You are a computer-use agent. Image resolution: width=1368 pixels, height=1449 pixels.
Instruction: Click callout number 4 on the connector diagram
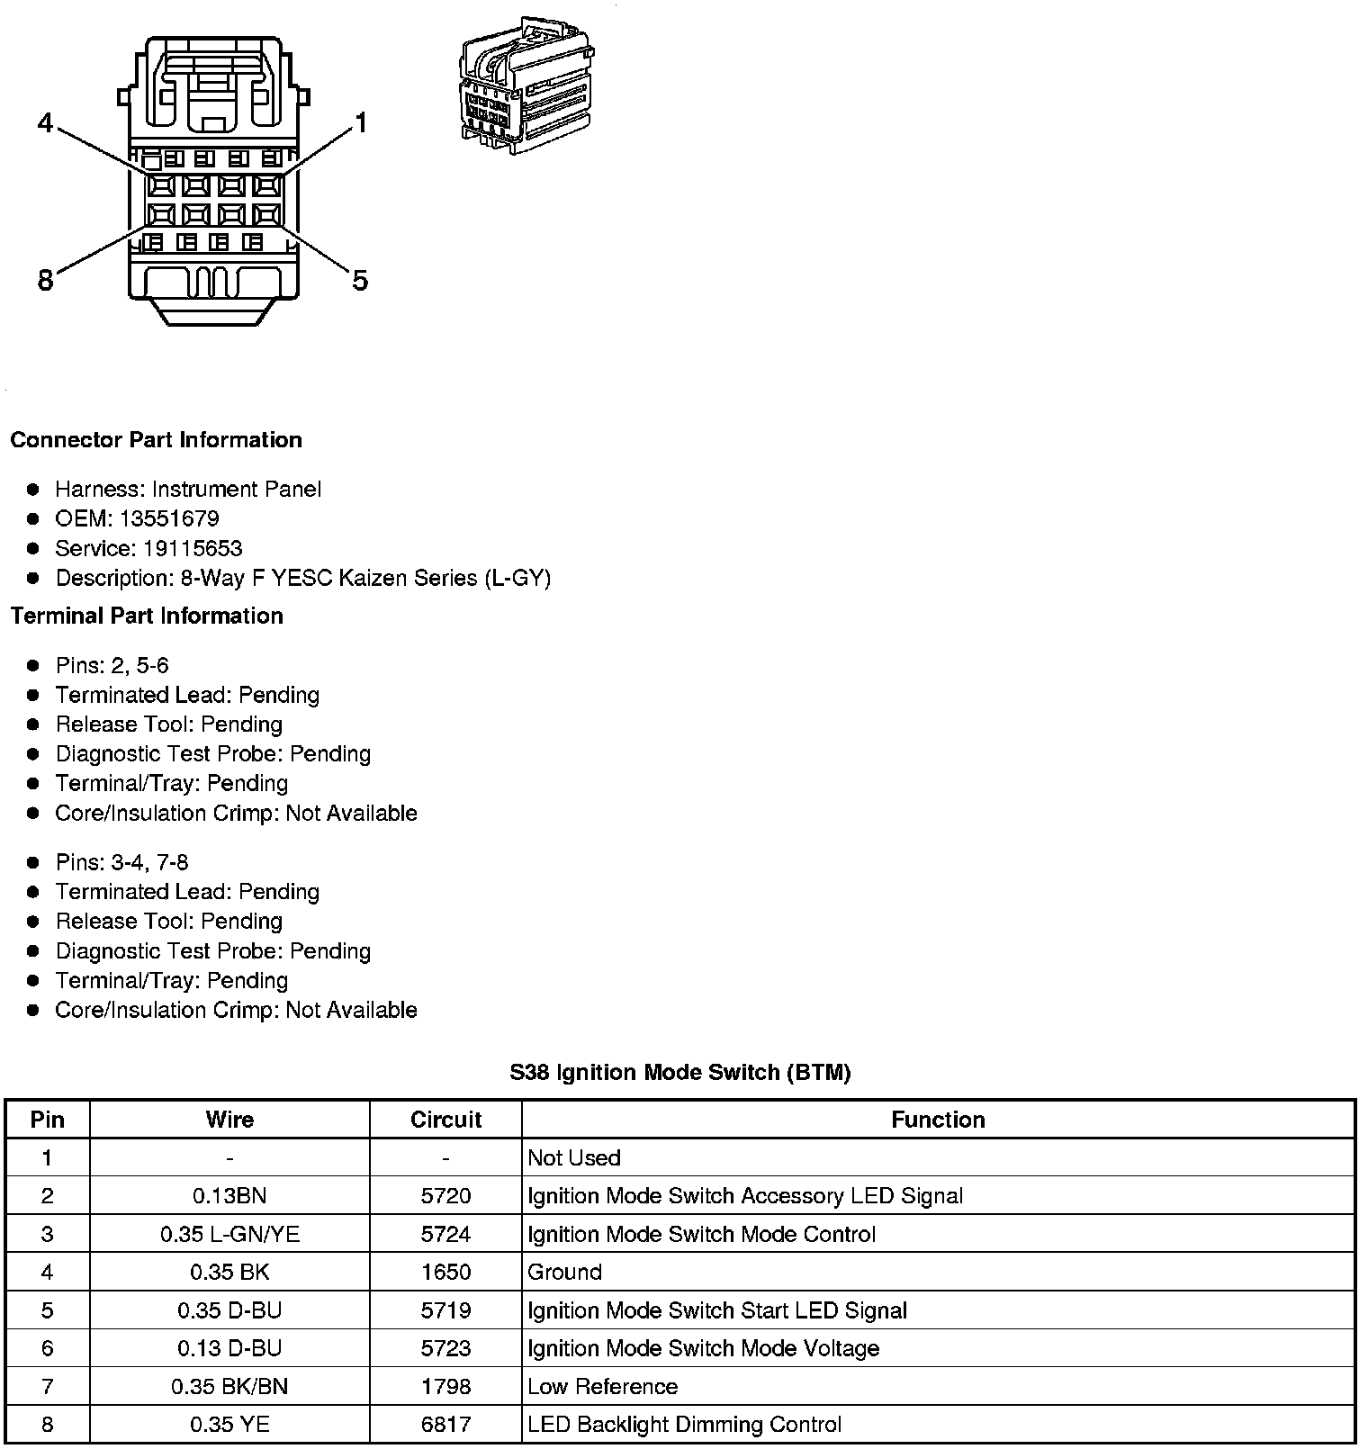[45, 122]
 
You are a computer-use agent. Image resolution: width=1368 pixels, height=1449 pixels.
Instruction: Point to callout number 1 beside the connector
[361, 123]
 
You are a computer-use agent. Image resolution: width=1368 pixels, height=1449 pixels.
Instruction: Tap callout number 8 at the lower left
[45, 281]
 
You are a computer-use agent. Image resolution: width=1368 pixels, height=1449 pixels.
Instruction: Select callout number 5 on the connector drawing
[360, 281]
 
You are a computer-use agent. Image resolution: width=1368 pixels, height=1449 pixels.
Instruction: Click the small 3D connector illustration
[526, 90]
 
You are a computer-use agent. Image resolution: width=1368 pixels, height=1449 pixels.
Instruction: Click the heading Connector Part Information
[156, 440]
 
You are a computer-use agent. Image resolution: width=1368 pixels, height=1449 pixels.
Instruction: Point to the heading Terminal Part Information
[147, 616]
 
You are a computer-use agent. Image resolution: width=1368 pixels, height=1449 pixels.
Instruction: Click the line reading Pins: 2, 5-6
[112, 665]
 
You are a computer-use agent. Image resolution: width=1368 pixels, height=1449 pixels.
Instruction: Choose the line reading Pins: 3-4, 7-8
[121, 862]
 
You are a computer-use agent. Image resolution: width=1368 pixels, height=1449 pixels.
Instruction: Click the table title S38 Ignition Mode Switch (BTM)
[680, 1072]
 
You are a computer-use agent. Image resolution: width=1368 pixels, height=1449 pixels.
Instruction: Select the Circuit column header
[445, 1120]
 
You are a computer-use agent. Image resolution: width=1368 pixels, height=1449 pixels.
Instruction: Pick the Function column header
[938, 1120]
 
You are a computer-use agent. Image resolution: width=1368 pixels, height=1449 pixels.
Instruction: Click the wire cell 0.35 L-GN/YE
[229, 1234]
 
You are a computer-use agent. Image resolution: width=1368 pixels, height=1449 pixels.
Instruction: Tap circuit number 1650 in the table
[445, 1272]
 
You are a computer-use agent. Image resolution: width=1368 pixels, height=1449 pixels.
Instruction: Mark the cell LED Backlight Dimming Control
[684, 1425]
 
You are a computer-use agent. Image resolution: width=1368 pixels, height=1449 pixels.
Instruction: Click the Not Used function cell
[574, 1157]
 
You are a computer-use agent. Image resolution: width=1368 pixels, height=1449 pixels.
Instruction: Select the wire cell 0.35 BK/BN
[229, 1386]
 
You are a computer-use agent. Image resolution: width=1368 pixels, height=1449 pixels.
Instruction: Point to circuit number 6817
[445, 1425]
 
